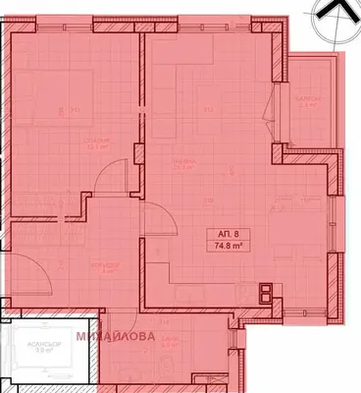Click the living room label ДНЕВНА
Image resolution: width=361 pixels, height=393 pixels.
(179, 163)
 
